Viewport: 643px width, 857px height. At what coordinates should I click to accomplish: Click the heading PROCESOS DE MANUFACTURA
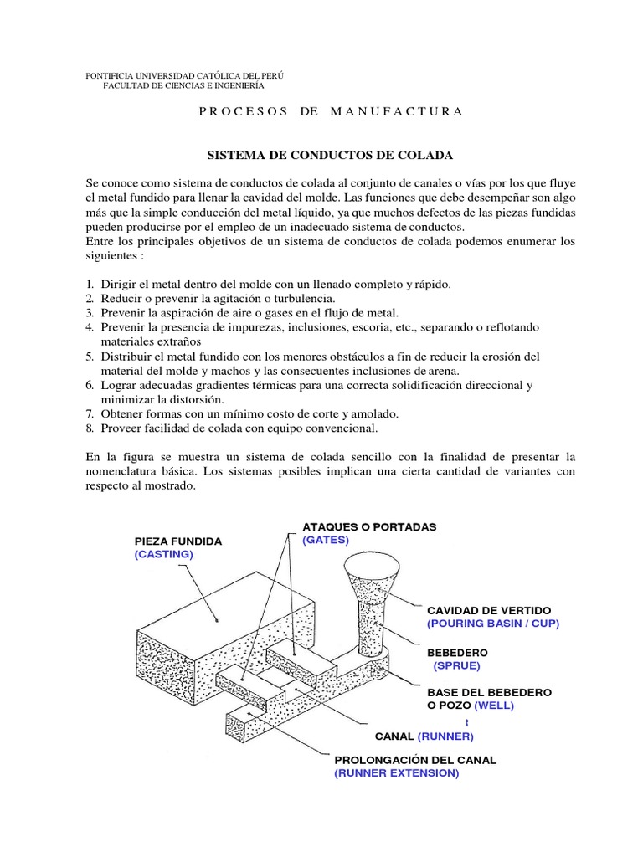click(330, 111)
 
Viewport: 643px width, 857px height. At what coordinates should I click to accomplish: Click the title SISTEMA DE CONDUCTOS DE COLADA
click(330, 156)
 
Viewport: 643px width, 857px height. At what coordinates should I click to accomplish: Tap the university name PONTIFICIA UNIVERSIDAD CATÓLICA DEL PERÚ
click(184, 75)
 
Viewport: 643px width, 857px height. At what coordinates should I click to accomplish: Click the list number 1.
click(90, 285)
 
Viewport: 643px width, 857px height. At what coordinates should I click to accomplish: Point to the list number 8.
click(90, 428)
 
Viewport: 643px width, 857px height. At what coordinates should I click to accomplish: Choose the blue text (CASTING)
click(163, 554)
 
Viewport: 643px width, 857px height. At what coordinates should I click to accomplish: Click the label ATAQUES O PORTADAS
click(369, 527)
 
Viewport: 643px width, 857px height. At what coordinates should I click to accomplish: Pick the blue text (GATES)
click(326, 540)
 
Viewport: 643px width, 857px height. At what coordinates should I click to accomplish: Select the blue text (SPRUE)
click(457, 665)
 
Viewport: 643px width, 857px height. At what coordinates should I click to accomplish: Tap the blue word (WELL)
click(494, 705)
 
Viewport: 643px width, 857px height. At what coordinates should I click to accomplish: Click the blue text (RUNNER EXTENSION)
click(397, 773)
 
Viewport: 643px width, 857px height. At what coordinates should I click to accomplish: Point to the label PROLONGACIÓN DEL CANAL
click(415, 760)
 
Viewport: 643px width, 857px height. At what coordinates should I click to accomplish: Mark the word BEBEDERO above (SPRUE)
click(457, 651)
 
